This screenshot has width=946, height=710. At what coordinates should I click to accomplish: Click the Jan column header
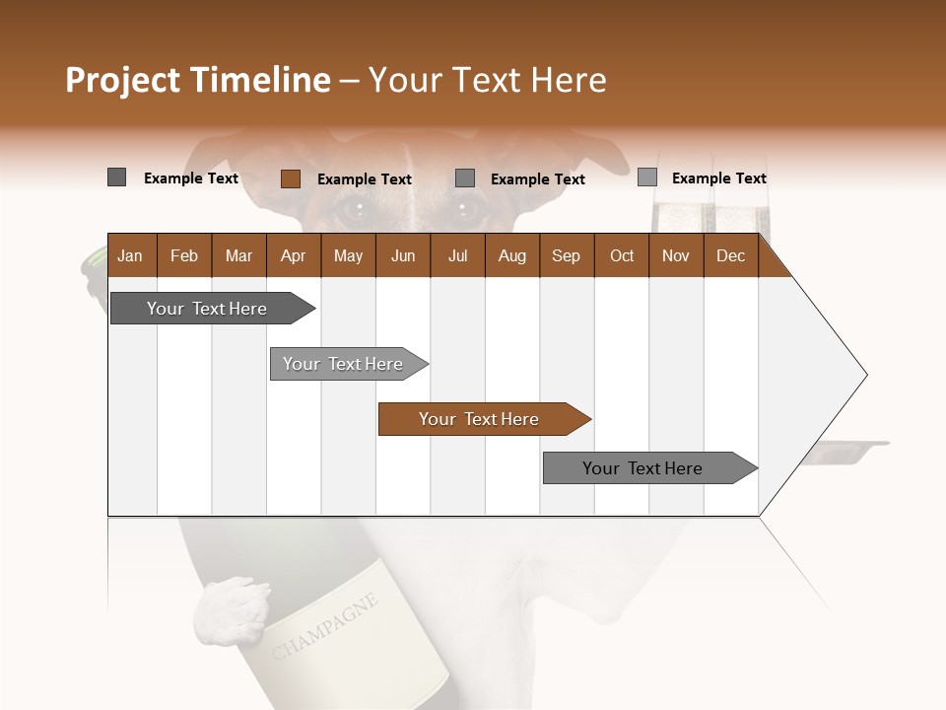[130, 255]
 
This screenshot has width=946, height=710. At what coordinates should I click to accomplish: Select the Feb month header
[184, 255]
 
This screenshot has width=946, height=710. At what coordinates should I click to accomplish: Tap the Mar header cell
[238, 255]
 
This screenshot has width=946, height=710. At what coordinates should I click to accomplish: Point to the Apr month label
[294, 255]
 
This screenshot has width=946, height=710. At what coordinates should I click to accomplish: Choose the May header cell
[348, 255]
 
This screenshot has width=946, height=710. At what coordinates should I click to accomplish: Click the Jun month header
[403, 255]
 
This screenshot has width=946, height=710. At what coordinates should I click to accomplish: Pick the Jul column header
[457, 255]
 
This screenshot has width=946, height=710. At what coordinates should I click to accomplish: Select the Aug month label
[512, 255]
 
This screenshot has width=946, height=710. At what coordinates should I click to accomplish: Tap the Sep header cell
[567, 255]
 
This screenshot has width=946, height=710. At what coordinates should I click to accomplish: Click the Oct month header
[622, 255]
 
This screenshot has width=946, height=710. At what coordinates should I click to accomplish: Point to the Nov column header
[676, 255]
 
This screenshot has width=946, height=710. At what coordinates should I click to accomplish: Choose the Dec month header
[731, 255]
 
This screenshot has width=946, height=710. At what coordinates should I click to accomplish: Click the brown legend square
[291, 178]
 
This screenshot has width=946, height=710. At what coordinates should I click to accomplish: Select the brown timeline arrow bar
[483, 419]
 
